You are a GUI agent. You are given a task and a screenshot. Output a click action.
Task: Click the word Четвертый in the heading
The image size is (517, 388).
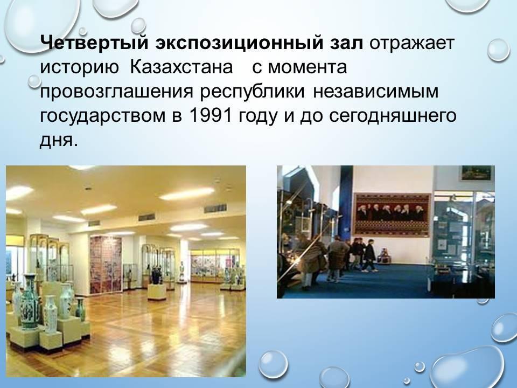pos(94,43)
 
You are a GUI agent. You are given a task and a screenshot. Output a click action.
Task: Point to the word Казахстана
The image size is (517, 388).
pos(181,67)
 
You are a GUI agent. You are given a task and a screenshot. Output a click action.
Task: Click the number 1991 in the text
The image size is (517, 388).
pos(211,115)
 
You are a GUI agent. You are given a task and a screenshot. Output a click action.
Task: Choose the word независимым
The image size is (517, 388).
pos(376,92)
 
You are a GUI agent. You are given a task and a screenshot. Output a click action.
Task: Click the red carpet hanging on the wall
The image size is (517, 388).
pos(392,214)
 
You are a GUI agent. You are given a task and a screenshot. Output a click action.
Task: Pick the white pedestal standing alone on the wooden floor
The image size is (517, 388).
pos(157,292)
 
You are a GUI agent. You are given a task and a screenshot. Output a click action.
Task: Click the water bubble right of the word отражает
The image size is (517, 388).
pos(498,50)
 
